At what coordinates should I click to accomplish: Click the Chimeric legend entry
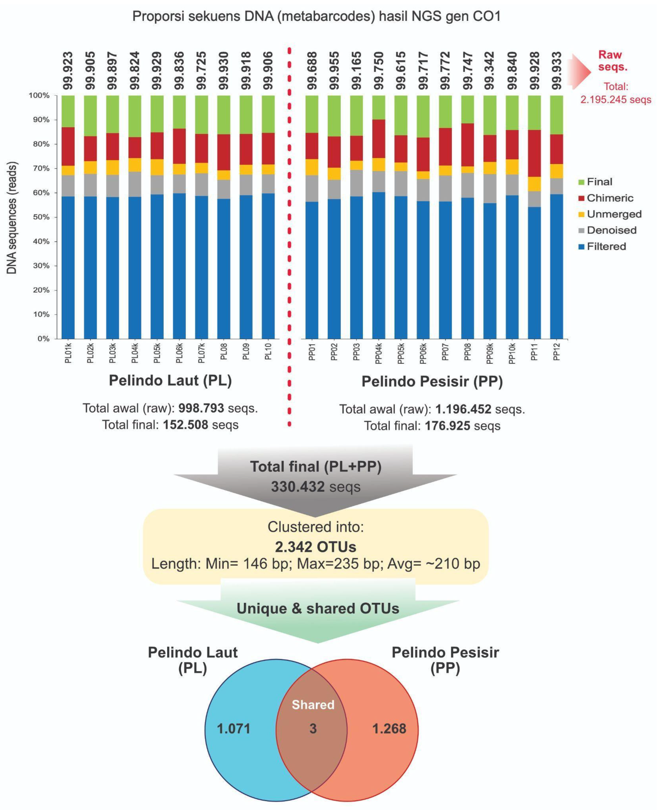(610, 198)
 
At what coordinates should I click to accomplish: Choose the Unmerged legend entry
(614, 214)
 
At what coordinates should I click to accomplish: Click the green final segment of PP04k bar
(378, 107)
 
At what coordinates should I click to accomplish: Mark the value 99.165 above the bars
(356, 71)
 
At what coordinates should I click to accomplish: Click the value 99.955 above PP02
(334, 71)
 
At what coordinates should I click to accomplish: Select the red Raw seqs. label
(613, 61)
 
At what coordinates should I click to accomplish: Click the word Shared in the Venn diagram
(313, 705)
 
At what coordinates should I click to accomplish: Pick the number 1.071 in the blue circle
(234, 729)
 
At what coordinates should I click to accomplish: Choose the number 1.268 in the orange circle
(389, 729)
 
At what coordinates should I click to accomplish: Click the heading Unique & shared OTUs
(318, 608)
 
